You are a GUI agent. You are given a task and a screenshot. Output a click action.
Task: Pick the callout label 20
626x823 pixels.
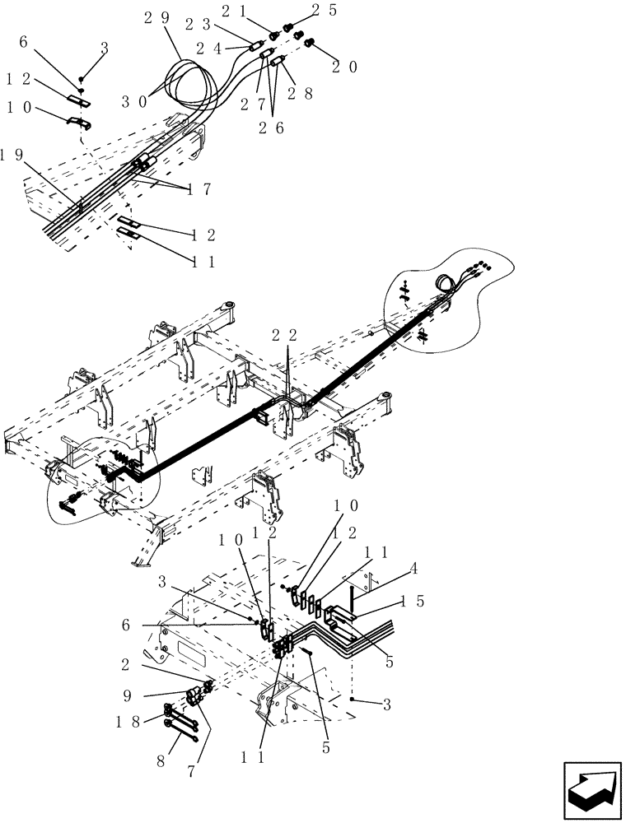pyautogui.click(x=344, y=68)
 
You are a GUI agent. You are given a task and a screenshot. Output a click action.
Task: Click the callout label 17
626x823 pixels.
pyautogui.click(x=199, y=189)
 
